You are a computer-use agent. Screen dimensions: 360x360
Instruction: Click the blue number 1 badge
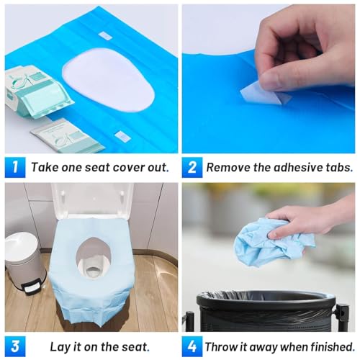tap(14, 166)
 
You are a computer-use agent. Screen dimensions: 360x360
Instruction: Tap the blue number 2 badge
tap(192, 166)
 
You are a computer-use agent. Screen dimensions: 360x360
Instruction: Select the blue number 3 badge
tap(14, 346)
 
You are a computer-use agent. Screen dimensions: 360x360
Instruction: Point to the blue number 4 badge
tap(192, 346)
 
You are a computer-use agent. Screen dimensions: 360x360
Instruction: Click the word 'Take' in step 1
tap(45, 166)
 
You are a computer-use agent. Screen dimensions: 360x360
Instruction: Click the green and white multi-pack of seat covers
tap(40, 90)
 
